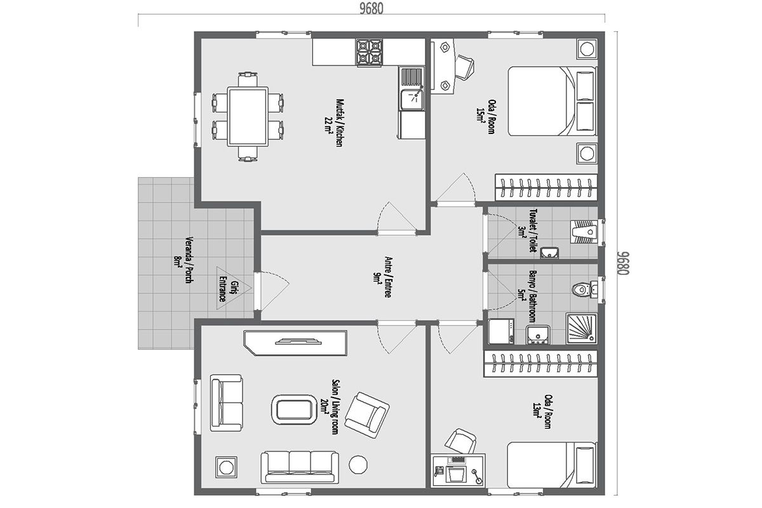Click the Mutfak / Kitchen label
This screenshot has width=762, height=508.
click(x=335, y=123)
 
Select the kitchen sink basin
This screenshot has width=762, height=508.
click(x=412, y=99)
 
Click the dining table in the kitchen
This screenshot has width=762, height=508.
click(x=248, y=116)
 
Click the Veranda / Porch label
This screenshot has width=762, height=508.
click(x=184, y=260)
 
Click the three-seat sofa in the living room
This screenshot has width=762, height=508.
click(x=300, y=467)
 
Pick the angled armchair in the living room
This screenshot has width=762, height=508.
click(x=367, y=415)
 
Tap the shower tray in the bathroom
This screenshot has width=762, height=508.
click(x=582, y=329)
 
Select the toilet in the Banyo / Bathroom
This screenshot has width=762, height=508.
click(x=584, y=290)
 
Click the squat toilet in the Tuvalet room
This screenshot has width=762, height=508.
click(x=585, y=232)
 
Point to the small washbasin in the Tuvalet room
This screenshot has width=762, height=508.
click(x=549, y=253)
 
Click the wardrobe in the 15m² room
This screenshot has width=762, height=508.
click(x=546, y=187)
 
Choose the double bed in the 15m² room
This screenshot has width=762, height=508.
click(x=552, y=101)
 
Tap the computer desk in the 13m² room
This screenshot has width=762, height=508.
click(x=458, y=471)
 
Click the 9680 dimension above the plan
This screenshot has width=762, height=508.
click(x=371, y=8)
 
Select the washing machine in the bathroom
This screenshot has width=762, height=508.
click(x=501, y=331)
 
